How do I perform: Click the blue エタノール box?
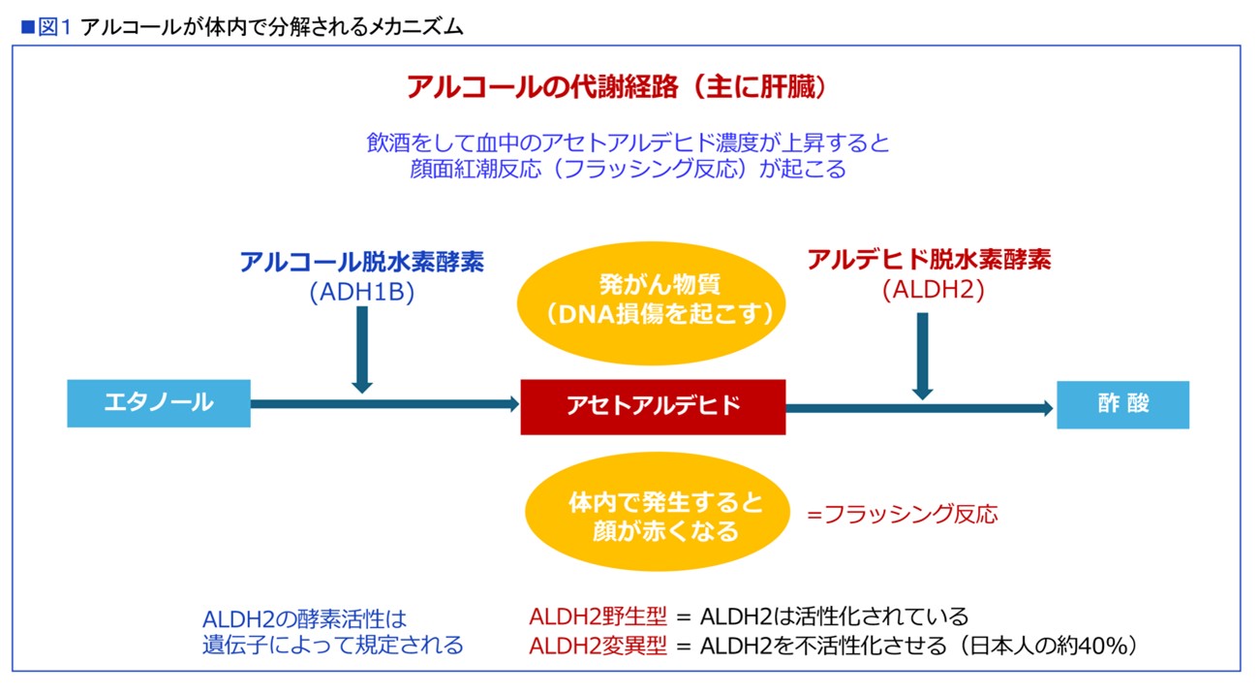tap(159, 403)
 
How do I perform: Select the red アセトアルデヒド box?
tap(653, 406)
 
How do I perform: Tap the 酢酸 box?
tap(1123, 405)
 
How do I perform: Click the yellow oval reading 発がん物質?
tap(652, 302)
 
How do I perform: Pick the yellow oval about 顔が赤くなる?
tap(658, 512)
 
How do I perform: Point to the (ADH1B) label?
tap(362, 292)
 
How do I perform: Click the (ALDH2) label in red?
tap(934, 290)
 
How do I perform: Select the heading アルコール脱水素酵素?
tap(362, 262)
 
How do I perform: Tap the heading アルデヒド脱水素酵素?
tap(930, 259)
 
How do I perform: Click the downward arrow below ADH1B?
tap(362, 350)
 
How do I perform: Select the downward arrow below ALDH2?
tap(922, 357)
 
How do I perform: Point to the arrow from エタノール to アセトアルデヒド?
tap(385, 404)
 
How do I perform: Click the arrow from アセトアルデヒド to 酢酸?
tap(919, 408)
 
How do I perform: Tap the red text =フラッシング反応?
tap(903, 514)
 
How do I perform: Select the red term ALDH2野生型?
tap(598, 616)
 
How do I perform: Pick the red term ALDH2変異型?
tap(598, 646)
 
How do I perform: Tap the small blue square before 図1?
tap(27, 27)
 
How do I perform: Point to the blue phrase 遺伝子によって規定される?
tap(333, 645)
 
